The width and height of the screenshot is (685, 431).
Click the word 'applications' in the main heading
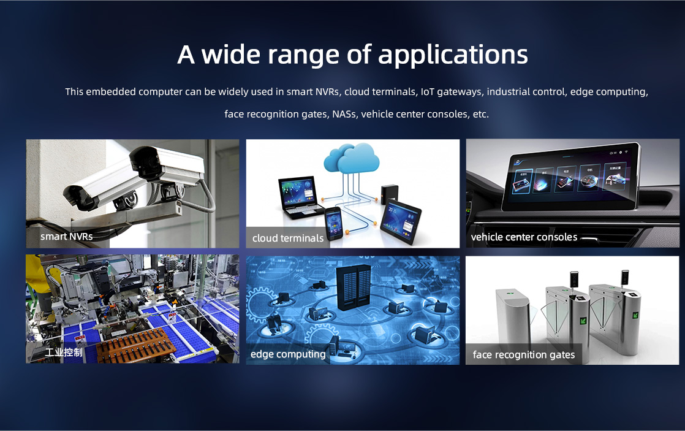coord(453,56)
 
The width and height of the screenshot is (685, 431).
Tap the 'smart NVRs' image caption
coord(66,237)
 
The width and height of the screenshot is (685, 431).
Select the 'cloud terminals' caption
coord(288,238)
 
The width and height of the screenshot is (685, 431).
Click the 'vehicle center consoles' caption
coord(524,237)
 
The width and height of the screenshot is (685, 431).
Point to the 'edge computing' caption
coord(288,354)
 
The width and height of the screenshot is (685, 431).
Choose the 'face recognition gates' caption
coord(523,354)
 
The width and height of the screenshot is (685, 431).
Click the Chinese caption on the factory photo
coord(64,353)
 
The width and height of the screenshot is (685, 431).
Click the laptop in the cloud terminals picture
coord(298,197)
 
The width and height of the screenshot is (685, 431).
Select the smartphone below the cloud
coord(333,223)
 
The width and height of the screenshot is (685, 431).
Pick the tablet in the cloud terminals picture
coord(400,221)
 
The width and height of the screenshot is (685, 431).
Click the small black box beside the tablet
coord(389,194)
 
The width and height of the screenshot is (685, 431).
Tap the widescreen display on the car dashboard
coord(570,177)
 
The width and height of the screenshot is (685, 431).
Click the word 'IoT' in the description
coord(427,92)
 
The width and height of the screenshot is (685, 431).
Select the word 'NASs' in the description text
coord(345,114)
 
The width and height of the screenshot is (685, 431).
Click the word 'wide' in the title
coord(230,55)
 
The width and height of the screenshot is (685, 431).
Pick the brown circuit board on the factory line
coord(136,345)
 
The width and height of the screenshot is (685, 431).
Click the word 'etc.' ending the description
coord(480,114)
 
